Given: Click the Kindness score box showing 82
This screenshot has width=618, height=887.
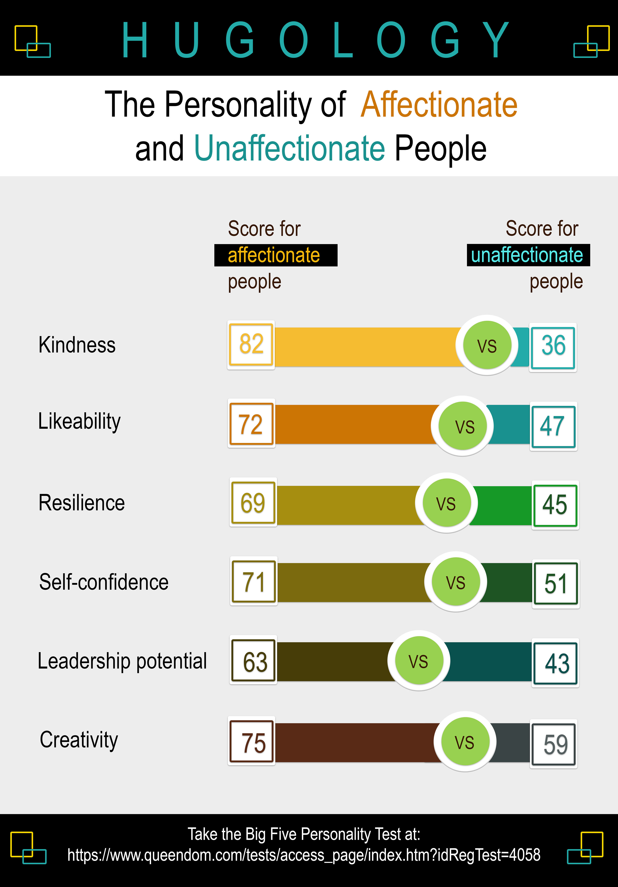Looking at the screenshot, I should [x=251, y=344].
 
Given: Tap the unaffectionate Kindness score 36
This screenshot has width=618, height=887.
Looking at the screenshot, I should [x=553, y=346].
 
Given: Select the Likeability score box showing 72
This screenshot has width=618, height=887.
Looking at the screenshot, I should [x=251, y=424].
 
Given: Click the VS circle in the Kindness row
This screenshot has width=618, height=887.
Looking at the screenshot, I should [x=487, y=345].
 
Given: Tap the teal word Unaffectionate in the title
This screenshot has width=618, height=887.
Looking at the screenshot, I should [x=289, y=148].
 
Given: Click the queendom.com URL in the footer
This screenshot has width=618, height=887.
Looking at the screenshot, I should [x=304, y=855].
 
